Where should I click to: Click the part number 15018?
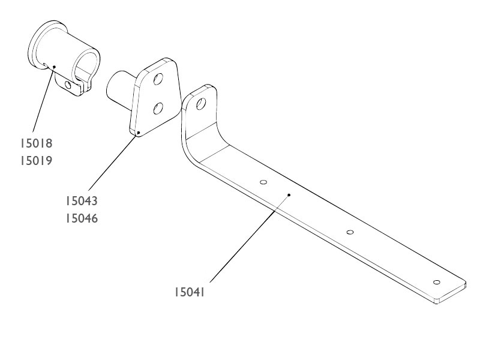tap(37, 143)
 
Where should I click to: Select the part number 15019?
tap(37, 161)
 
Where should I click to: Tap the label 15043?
tap(82, 201)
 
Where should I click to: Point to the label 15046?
tap(82, 218)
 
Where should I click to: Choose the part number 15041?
tap(189, 292)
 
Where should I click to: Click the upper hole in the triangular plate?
tap(158, 79)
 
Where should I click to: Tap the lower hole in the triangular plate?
tap(158, 109)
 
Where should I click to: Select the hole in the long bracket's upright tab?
tap(201, 104)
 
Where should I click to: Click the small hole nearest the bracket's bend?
tap(263, 182)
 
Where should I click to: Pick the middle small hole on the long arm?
tap(350, 232)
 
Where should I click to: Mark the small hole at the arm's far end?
tap(437, 282)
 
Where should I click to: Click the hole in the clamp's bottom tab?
tap(68, 85)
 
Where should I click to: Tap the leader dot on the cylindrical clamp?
tap(54, 67)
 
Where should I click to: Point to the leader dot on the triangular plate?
tap(139, 133)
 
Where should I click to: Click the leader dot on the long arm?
tap(289, 194)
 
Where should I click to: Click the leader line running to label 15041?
tap(250, 238)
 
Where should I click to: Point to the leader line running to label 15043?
tap(113, 161)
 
